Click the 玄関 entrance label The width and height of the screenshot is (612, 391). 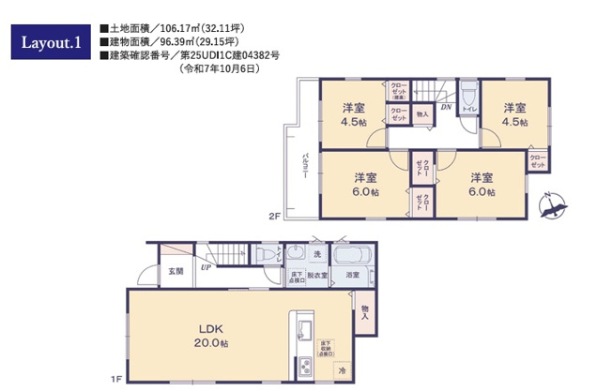(176, 271)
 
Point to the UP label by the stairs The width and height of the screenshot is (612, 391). (205, 266)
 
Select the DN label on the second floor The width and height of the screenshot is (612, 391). (446, 108)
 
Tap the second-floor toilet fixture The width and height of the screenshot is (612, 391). (467, 94)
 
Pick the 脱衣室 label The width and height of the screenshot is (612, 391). (316, 276)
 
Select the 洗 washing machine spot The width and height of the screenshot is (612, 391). (317, 254)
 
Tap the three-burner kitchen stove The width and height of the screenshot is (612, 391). (305, 368)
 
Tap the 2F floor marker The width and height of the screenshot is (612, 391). (275, 217)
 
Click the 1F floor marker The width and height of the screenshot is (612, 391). (116, 379)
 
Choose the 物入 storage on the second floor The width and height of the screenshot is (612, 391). (421, 114)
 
